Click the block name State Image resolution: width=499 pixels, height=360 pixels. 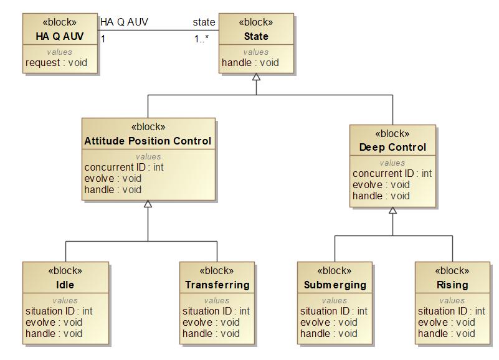click(256, 36)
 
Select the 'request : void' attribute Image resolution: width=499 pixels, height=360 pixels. click(56, 63)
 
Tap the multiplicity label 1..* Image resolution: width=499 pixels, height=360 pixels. click(202, 39)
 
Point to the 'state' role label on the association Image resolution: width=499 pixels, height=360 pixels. click(204, 22)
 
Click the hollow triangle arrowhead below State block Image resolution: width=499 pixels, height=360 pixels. click(256, 77)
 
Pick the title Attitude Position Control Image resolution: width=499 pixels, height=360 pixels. click(148, 141)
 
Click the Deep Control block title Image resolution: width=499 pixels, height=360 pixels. click(392, 148)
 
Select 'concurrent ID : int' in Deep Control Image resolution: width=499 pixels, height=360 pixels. click(392, 174)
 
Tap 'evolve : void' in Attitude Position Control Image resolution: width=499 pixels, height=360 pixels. click(113, 178)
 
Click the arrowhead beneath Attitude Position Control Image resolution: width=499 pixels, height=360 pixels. click(148, 204)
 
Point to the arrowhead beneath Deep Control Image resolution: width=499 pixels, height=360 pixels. click(392, 211)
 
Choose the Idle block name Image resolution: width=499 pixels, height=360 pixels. click(65, 285)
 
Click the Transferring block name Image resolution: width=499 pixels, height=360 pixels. click(217, 285)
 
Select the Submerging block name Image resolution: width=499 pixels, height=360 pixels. click(335, 285)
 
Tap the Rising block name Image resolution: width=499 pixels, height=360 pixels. click(452, 285)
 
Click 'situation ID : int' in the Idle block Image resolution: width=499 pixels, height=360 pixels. click(59, 311)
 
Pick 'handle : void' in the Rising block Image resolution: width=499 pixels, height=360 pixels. click(447, 334)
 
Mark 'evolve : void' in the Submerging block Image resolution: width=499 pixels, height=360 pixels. click(329, 323)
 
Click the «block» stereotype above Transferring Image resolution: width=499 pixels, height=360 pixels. click(217, 271)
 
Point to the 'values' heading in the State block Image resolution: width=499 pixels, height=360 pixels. click(256, 52)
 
